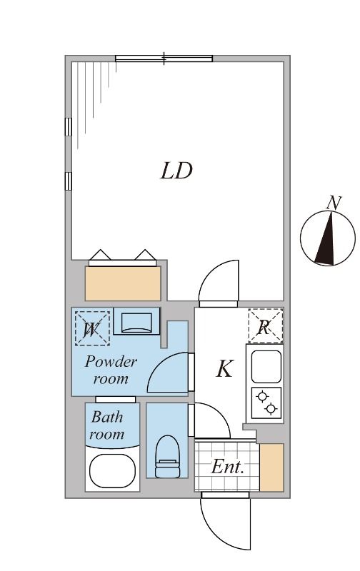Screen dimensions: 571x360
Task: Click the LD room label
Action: pyautogui.click(x=176, y=171)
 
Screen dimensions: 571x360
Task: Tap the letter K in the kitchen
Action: pyautogui.click(x=224, y=369)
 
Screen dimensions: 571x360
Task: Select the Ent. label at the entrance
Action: pyautogui.click(x=228, y=468)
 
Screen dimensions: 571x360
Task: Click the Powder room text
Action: pyautogui.click(x=111, y=370)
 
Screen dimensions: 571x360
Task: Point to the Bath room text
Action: pyautogui.click(x=107, y=425)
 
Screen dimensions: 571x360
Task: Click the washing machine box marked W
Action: pyautogui.click(x=92, y=328)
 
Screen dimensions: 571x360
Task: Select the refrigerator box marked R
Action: pyautogui.click(x=265, y=327)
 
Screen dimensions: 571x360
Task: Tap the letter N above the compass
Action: pyautogui.click(x=333, y=203)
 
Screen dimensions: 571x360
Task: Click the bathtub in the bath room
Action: pyautogui.click(x=112, y=470)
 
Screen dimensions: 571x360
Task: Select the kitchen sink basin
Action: pyautogui.click(x=265, y=366)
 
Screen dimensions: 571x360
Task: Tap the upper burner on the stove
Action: pyautogui.click(x=261, y=396)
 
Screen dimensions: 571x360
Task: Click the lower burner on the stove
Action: pyautogui.click(x=271, y=409)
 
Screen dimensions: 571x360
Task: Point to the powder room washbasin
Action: pyautogui.click(x=137, y=323)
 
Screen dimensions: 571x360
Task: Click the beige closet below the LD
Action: pyautogui.click(x=123, y=283)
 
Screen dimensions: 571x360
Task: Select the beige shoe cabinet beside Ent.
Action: pyautogui.click(x=271, y=468)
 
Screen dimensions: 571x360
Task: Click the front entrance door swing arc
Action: pyautogui.click(x=227, y=525)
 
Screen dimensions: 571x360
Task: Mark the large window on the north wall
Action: pyautogui.click(x=164, y=59)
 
